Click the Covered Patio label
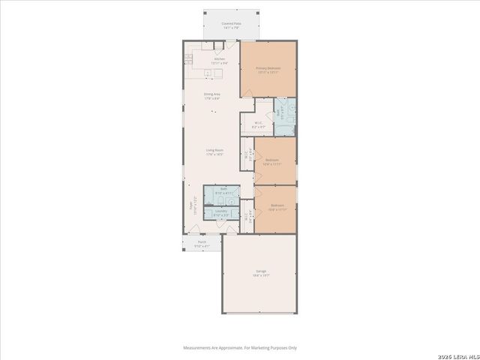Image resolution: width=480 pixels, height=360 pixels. tap(231, 24)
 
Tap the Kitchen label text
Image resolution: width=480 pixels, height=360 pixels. tap(220, 58)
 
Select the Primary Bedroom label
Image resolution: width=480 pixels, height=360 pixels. tap(268, 67)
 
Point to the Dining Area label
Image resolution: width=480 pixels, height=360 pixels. tap(212, 94)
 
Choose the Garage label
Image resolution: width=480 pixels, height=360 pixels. tap(260, 271)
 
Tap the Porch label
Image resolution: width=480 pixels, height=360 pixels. tap(202, 241)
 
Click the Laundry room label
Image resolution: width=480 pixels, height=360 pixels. tap(221, 211)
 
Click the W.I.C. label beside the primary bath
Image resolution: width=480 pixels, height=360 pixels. tap(258, 123)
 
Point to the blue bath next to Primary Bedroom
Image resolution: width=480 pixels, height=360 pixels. tap(284, 116)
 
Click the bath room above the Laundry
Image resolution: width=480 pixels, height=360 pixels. tap(223, 192)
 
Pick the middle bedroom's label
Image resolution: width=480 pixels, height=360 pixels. tap(272, 160)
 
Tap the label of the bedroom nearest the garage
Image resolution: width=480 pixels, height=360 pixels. tap(277, 205)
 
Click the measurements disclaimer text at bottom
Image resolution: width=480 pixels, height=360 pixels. tap(240, 348)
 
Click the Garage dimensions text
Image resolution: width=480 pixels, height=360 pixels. tap(260, 275)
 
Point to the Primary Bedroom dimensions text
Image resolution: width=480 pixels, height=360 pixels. tap(268, 73)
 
